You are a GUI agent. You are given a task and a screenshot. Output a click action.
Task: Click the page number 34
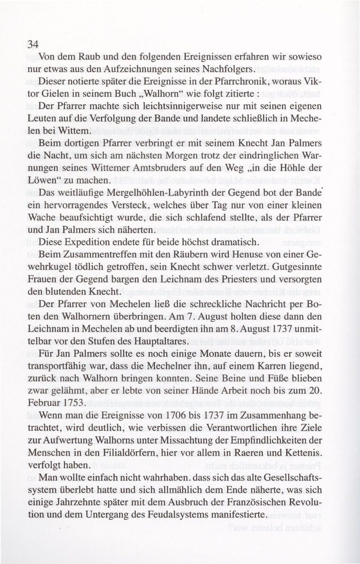coord(34,44)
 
